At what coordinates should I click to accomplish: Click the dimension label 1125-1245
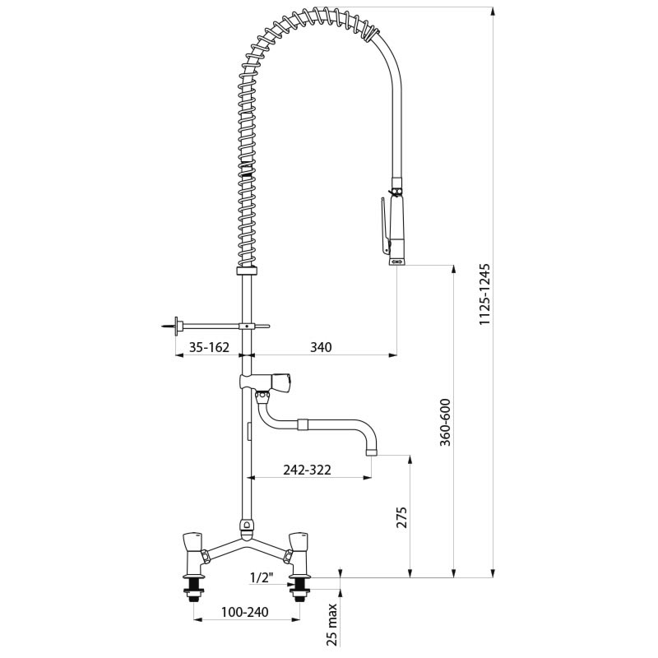coord(484,294)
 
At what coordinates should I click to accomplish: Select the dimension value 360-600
coord(444,423)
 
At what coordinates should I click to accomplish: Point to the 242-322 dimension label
coord(306,470)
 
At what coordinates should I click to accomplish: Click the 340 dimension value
coord(321,347)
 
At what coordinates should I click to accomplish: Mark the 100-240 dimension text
coord(246,613)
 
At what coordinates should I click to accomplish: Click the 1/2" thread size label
coord(261,577)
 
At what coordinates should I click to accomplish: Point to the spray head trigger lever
coord(384,225)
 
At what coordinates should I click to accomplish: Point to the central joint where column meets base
coord(246,526)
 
